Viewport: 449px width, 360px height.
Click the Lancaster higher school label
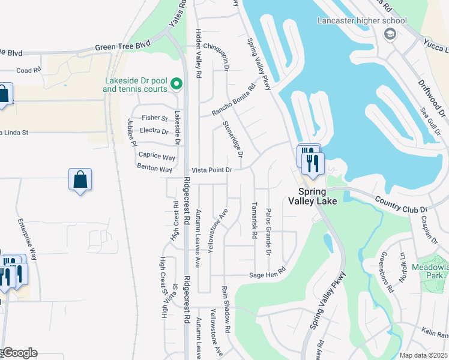click(x=362, y=21)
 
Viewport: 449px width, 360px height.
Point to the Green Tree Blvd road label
click(x=122, y=46)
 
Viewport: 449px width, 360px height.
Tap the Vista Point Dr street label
click(x=211, y=170)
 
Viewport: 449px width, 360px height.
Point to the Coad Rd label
click(x=28, y=70)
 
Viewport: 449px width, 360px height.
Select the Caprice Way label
click(x=157, y=157)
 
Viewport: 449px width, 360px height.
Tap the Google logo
click(x=19, y=353)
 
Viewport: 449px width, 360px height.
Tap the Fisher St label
click(x=154, y=118)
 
